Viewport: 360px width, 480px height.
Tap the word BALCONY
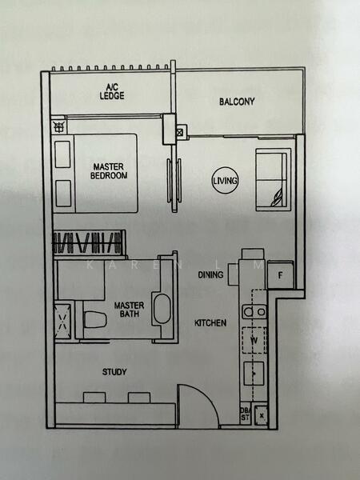pyautogui.click(x=237, y=102)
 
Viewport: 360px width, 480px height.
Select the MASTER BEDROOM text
pyautogui.click(x=106, y=170)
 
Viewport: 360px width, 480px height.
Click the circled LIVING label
pyautogui.click(x=225, y=182)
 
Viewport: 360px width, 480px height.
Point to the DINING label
pyautogui.click(x=210, y=274)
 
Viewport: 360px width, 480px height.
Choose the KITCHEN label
pyautogui.click(x=210, y=323)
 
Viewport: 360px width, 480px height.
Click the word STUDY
pyautogui.click(x=114, y=372)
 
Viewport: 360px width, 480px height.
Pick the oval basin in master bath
pyautogui.click(x=162, y=309)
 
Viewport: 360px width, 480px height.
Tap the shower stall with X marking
pyautogui.click(x=63, y=322)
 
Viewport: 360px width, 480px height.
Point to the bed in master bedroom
pyautogui.click(x=94, y=171)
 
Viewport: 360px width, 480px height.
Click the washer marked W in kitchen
pyautogui.click(x=254, y=339)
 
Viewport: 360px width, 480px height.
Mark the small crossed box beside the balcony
pyautogui.click(x=179, y=131)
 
